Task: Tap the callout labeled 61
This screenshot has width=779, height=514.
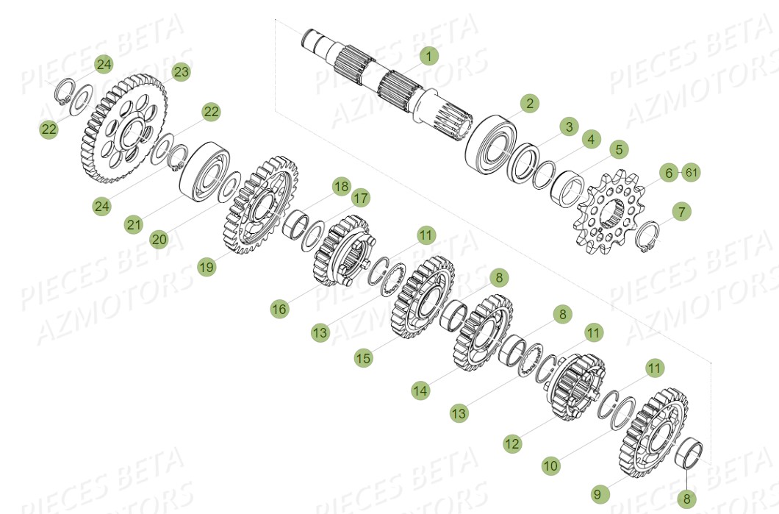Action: pos(691,173)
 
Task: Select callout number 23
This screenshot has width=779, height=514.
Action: pos(182,71)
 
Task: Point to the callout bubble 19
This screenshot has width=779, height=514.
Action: pos(207,268)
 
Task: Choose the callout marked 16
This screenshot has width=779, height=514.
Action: pos(279,310)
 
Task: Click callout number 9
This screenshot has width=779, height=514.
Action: pos(598,494)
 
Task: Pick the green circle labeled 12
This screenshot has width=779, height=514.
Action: pos(512,443)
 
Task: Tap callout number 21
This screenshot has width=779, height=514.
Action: pos(133,225)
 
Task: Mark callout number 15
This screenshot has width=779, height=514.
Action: pos(363,358)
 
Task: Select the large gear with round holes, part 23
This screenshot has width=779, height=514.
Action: pos(121,132)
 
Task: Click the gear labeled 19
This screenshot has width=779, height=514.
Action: pos(259,205)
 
